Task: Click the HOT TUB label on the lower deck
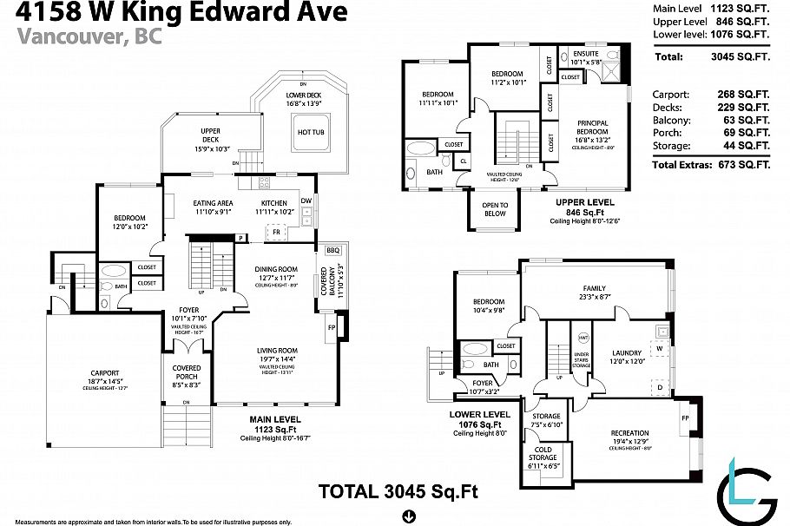point(311,132)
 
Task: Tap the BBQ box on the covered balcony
point(332,250)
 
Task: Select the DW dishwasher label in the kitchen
point(306,201)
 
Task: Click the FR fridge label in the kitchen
point(276,233)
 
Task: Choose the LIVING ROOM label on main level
point(276,351)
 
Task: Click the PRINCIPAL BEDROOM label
point(592,128)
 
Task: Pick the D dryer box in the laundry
point(661,386)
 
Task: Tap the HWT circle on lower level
point(583,337)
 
